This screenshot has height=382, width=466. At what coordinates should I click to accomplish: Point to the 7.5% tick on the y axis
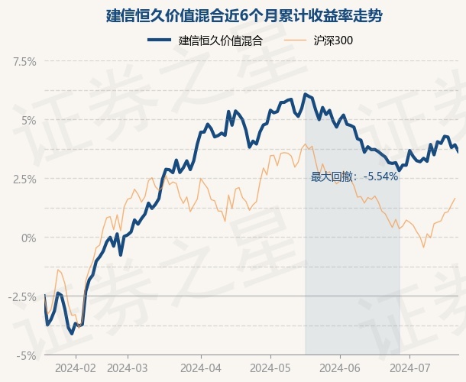(x=24, y=61)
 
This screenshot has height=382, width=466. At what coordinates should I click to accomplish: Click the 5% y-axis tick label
(x=28, y=120)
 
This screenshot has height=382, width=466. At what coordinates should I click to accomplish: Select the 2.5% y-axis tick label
(x=24, y=179)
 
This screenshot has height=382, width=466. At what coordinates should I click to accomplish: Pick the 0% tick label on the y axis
(x=28, y=238)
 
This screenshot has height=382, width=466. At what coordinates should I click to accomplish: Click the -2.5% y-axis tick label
(x=23, y=296)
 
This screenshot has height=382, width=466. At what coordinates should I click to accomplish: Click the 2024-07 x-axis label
(x=410, y=367)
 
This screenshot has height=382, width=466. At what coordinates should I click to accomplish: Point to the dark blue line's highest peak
(x=305, y=94)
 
